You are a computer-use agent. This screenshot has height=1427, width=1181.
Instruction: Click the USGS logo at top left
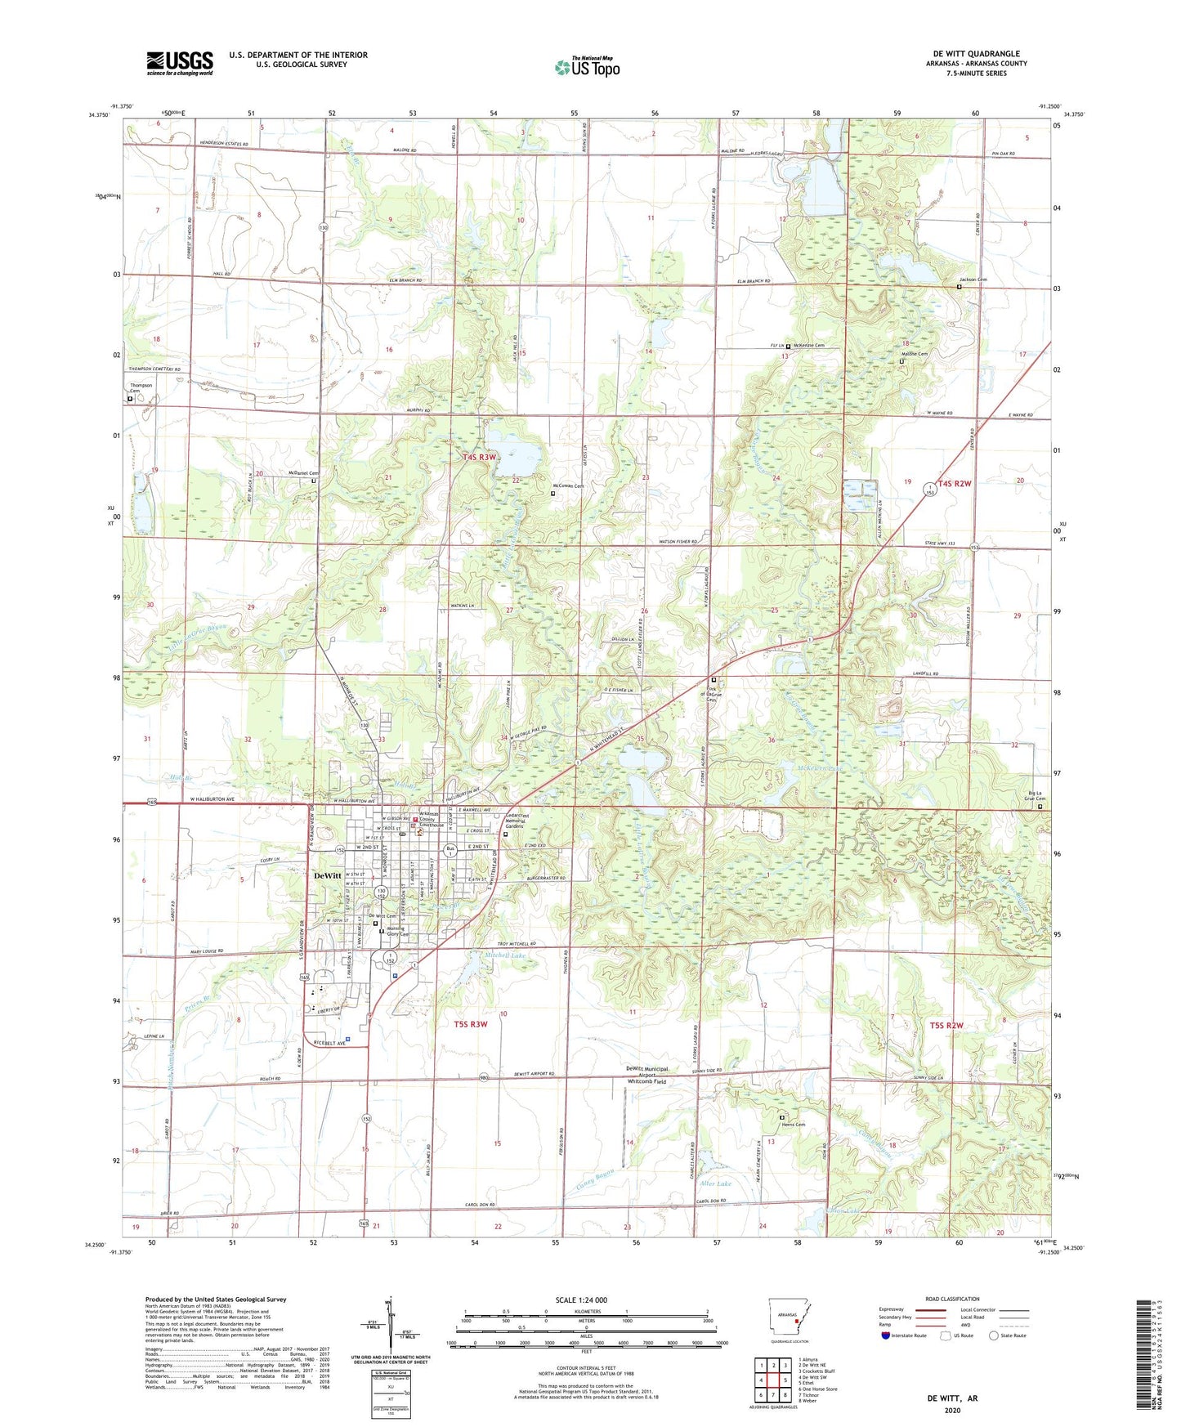(180, 62)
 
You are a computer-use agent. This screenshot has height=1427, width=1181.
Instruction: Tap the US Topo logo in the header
(587, 67)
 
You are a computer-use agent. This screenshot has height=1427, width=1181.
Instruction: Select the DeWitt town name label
(328, 875)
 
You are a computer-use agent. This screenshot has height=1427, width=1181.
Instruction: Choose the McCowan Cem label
(570, 486)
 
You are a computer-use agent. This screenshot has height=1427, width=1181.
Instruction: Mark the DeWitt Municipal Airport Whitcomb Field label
(646, 1075)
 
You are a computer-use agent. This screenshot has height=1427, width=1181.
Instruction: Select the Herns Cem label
(793, 1125)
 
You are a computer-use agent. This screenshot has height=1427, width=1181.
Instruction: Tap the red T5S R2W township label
(946, 1025)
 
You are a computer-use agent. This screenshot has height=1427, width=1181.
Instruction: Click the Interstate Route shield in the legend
(887, 1335)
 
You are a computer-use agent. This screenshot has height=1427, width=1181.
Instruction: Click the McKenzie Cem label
(808, 346)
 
